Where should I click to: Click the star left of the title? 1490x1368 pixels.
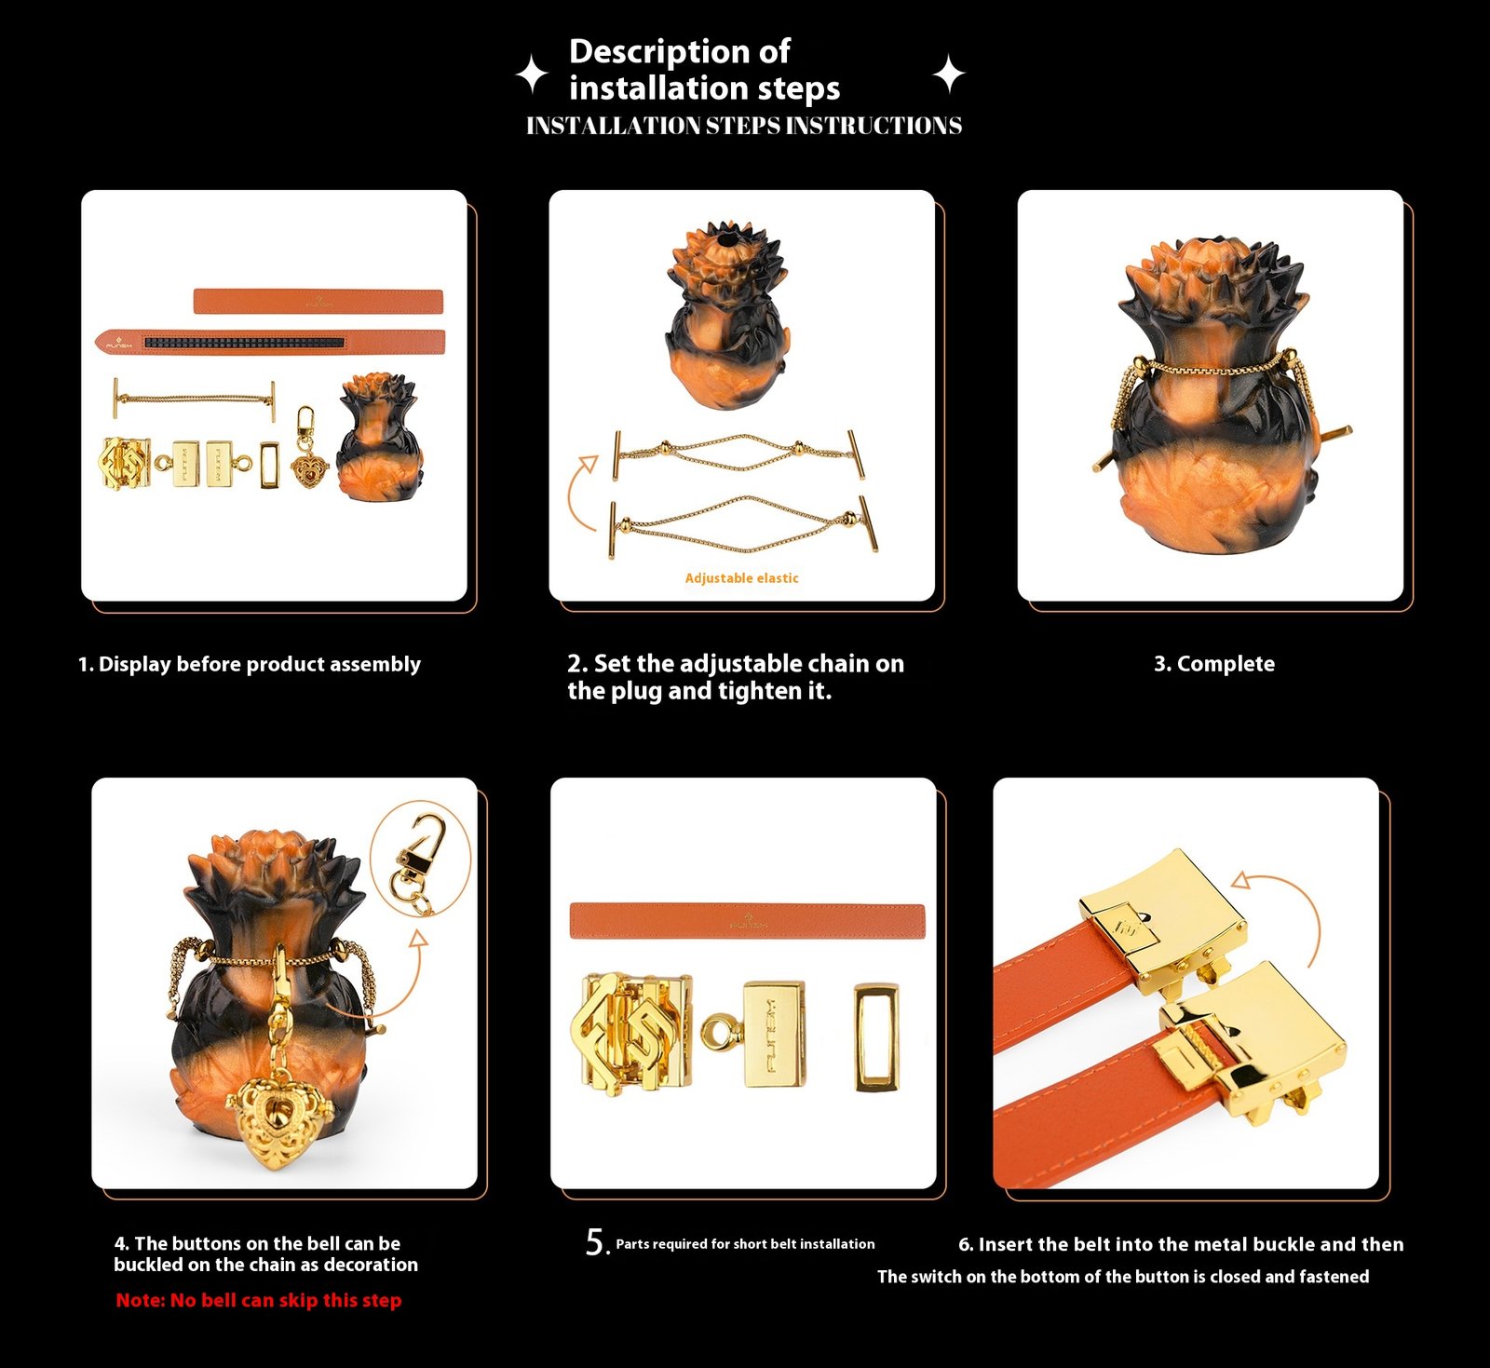point(532,74)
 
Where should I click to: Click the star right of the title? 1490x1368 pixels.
point(949,74)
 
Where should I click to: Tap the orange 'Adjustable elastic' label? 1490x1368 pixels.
point(741,578)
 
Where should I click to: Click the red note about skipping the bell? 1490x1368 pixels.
point(259,1300)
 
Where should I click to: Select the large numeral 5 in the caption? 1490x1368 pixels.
point(596,1242)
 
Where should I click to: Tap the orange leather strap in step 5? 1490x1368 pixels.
point(747,921)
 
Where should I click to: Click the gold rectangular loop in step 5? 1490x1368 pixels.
point(876,1036)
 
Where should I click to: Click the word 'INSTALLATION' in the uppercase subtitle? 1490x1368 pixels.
point(614,126)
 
